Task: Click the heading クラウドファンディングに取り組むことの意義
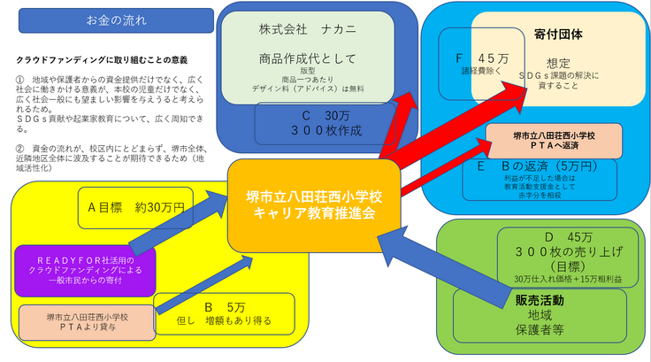click(x=103, y=60)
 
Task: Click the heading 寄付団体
click(x=558, y=35)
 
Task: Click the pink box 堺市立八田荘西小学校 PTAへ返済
click(x=554, y=141)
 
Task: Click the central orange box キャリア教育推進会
click(x=313, y=204)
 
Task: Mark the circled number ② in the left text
click(x=20, y=148)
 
